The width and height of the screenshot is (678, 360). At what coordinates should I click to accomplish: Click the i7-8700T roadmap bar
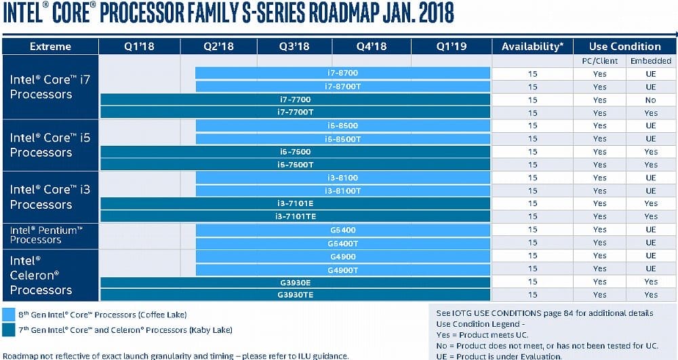pos(342,87)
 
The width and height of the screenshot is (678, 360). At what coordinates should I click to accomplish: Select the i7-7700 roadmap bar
pos(295,100)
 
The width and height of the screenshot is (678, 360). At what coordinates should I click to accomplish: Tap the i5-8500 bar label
pos(342,126)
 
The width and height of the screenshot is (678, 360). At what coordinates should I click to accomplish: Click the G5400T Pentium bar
pos(342,243)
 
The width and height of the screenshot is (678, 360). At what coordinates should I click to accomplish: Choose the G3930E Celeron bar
pos(295,281)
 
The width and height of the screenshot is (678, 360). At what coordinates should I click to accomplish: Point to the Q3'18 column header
pos(294,47)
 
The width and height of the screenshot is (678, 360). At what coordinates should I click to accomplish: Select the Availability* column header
pos(532,47)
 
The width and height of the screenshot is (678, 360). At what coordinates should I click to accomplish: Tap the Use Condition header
pos(624,47)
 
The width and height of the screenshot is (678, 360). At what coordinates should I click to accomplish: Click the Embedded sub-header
pos(651,61)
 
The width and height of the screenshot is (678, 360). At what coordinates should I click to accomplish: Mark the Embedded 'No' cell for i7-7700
pos(651,100)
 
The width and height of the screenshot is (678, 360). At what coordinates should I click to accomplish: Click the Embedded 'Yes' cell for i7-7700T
pos(651,113)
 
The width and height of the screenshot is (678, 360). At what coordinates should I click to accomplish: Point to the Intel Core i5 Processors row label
pos(50,145)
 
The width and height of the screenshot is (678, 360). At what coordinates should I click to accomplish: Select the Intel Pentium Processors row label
pos(46,235)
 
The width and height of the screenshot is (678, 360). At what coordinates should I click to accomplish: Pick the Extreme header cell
pos(50,47)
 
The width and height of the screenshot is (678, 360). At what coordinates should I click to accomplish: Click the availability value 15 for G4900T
pos(532,268)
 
